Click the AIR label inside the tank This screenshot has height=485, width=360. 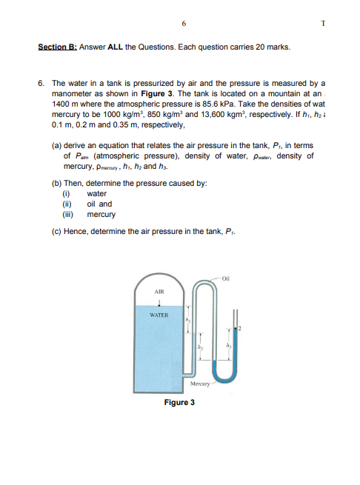click(159, 292)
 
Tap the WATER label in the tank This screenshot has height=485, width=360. click(159, 315)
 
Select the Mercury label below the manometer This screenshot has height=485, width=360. click(201, 384)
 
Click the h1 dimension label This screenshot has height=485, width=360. click(189, 320)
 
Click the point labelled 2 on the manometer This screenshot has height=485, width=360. click(241, 327)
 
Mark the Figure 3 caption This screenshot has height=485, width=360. click(180, 403)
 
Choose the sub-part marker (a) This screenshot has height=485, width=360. click(56, 147)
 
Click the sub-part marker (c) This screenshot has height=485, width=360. click(56, 232)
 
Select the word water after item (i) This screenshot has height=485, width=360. click(97, 194)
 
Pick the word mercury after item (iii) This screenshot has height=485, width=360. click(101, 215)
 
